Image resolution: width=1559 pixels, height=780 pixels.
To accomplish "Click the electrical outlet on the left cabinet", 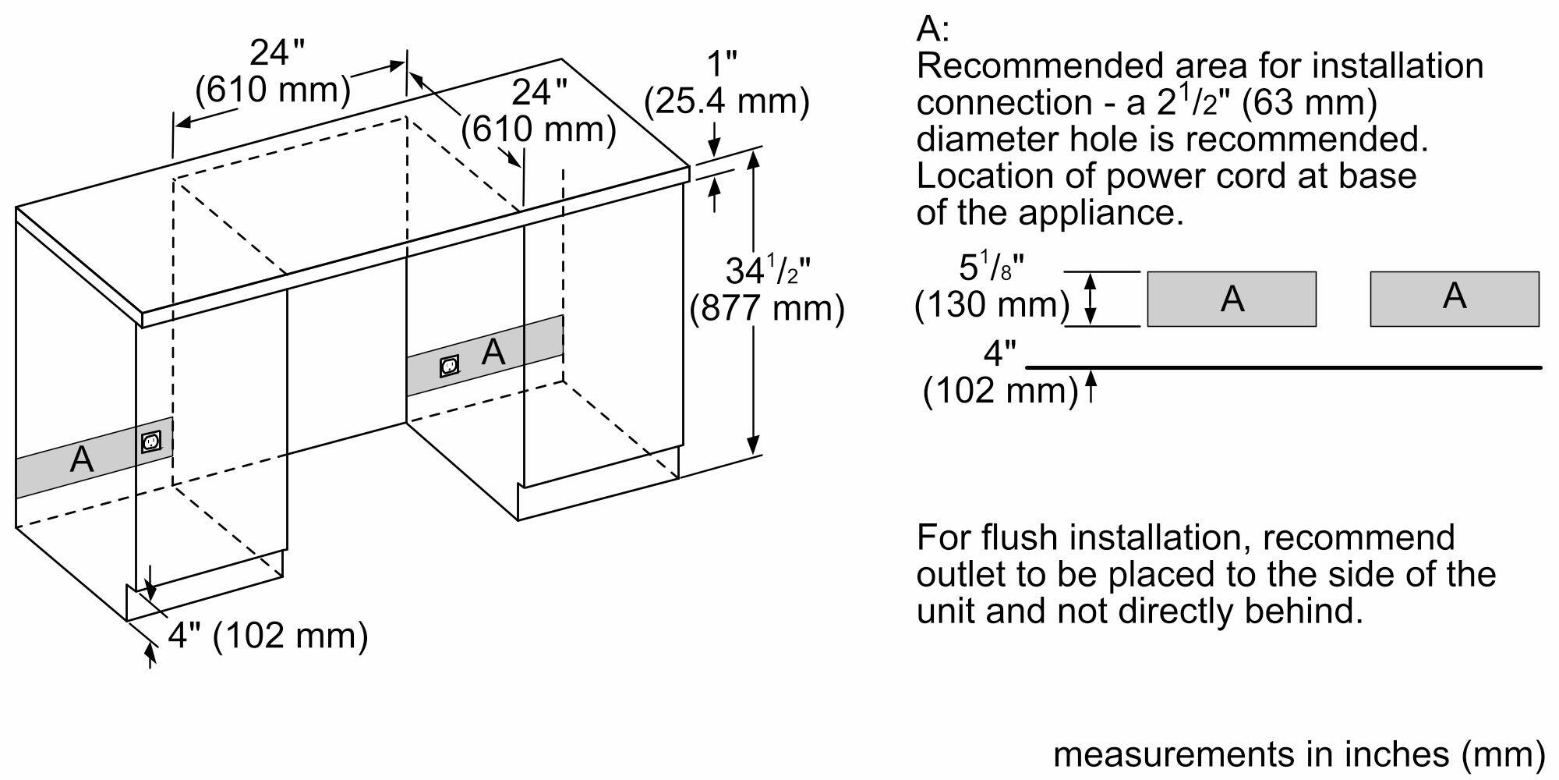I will point(151,442).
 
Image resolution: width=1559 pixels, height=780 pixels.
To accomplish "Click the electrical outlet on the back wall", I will point(449,365).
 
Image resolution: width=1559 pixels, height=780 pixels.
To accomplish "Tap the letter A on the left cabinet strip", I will point(82,459).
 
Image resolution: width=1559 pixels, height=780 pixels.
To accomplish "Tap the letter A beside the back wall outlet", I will point(493,353).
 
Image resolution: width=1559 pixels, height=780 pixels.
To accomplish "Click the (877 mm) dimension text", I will point(767,308).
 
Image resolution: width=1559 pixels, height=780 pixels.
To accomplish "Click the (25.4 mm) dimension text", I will point(726,101).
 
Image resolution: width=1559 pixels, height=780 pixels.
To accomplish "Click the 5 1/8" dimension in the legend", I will point(990,268).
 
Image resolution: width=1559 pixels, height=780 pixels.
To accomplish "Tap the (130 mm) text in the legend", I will point(992,304).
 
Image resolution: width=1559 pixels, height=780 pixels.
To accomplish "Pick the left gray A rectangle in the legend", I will point(1232,299).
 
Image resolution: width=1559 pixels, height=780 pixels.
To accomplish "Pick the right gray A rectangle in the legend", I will point(1455,299).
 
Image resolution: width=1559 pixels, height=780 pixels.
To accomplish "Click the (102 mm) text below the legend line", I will point(1000,389).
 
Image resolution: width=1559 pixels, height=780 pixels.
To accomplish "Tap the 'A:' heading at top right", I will point(933,29).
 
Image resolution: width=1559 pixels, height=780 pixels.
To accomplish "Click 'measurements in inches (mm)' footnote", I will point(1299,753).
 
